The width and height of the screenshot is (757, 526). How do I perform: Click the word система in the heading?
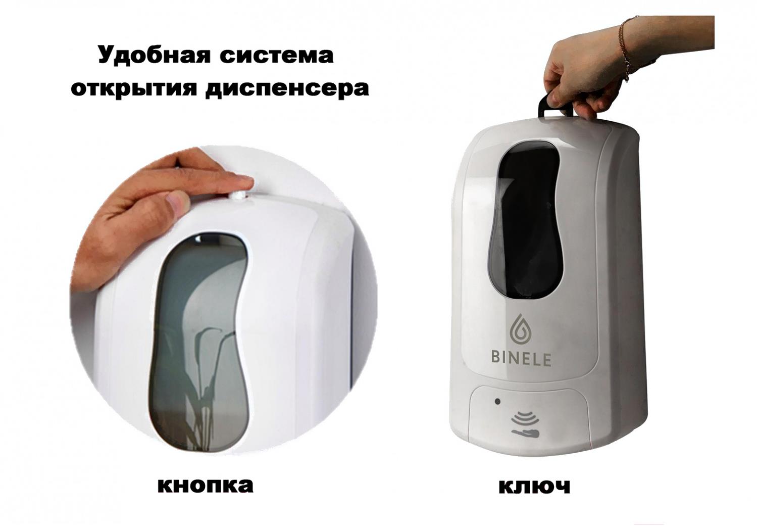point(276,56)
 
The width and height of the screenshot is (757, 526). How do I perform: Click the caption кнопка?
point(205,486)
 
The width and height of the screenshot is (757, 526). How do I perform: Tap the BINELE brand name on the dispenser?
point(521,359)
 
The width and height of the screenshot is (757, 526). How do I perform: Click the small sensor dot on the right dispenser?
point(497,402)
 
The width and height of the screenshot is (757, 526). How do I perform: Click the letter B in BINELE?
point(496,359)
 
